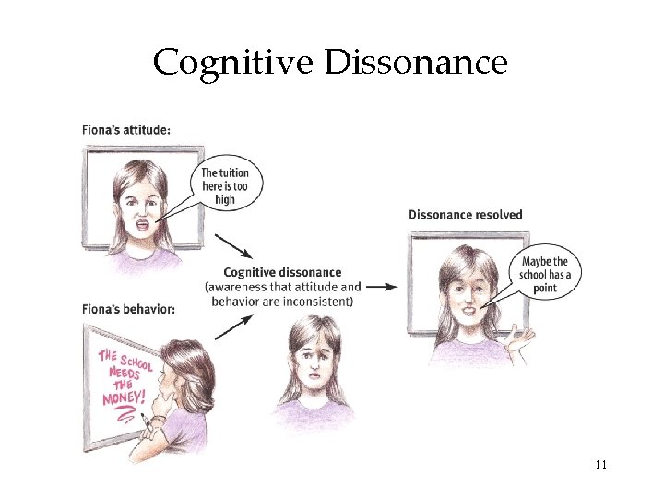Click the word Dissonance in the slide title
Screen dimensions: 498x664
coord(416,63)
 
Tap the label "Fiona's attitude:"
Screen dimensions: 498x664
coord(125,130)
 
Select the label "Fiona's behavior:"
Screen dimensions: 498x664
coord(127,308)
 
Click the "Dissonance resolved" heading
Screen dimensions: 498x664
coord(465,215)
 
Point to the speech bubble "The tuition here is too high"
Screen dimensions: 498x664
coord(225,185)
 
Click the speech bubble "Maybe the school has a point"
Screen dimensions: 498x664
coord(546,274)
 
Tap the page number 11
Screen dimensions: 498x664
coord(600,464)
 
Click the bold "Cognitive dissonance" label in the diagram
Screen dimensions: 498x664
coord(282,272)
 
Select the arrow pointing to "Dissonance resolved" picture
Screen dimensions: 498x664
coord(385,287)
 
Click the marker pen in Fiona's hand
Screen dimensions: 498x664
coord(146,423)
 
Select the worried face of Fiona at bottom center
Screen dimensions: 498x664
coord(312,362)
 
